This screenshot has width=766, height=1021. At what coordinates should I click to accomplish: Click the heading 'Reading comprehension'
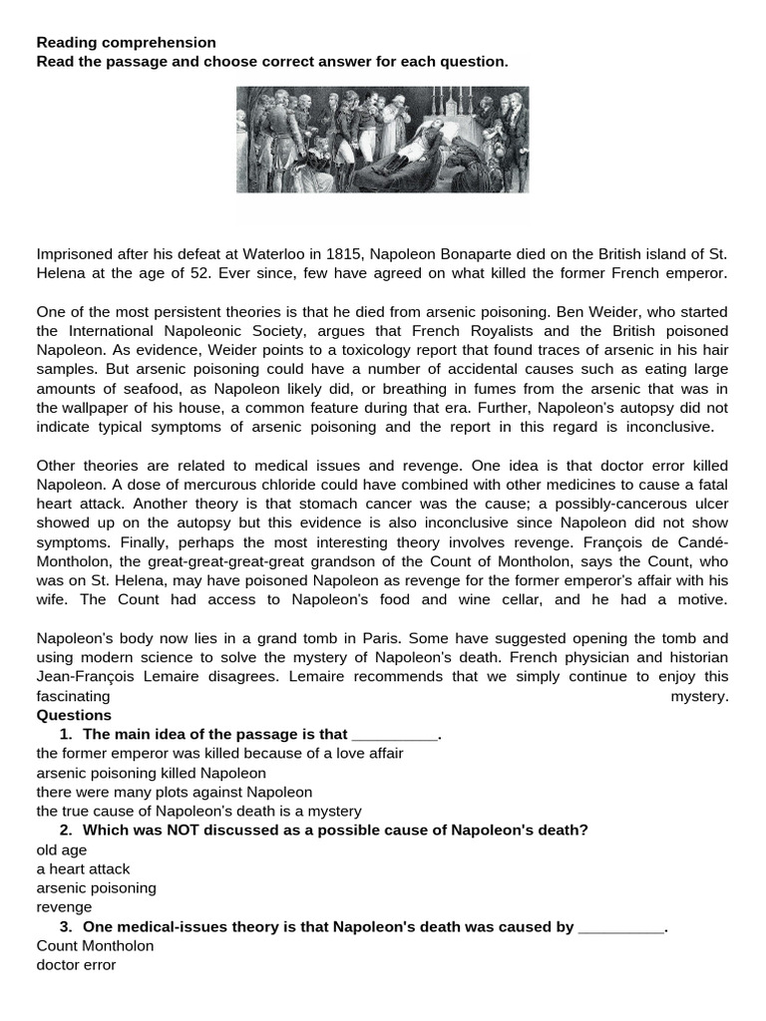click(126, 43)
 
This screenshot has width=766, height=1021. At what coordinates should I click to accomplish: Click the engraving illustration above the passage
click(382, 140)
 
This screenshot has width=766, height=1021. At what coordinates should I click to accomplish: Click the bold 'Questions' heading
click(75, 716)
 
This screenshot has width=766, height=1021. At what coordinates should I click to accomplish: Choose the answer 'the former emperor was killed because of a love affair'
click(219, 754)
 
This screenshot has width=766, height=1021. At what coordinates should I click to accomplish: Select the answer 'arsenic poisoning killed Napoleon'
click(151, 773)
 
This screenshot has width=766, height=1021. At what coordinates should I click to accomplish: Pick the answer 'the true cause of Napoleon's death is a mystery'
click(198, 812)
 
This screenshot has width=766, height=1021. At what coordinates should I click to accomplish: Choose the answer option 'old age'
click(62, 851)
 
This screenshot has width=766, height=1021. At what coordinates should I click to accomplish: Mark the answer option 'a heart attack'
click(83, 869)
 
